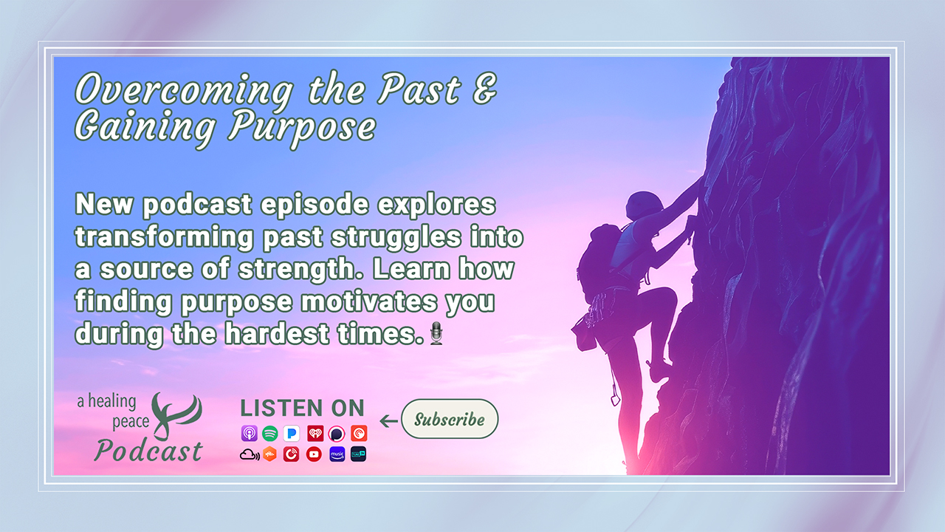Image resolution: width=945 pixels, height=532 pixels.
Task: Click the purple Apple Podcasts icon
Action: tap(249, 434)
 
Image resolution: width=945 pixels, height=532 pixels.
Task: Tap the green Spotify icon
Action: tap(269, 434)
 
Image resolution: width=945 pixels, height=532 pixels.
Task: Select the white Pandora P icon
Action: tap(292, 434)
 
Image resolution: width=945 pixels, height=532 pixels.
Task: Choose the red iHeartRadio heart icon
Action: tap(315, 434)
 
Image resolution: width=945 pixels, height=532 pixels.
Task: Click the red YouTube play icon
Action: tap(314, 454)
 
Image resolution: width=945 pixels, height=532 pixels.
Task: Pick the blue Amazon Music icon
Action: tap(337, 454)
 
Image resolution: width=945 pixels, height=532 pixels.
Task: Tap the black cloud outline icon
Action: tap(249, 454)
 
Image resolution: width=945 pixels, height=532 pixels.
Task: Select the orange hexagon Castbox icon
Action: tap(269, 454)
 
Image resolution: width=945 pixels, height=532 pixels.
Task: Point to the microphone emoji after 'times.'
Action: tap(436, 333)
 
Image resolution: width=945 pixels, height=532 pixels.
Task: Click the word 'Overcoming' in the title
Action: tap(182, 90)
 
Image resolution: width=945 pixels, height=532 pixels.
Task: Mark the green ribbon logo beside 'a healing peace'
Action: tap(175, 414)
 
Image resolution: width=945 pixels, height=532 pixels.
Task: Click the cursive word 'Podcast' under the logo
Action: tap(148, 451)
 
